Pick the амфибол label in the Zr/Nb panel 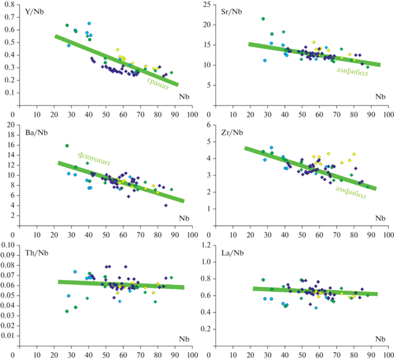pyautogui.click(x=351, y=188)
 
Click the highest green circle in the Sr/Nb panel pyautogui.click(x=263, y=19)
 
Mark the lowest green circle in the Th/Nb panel pyautogui.click(x=67, y=311)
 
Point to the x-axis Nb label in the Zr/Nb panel pyautogui.click(x=380, y=219)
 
